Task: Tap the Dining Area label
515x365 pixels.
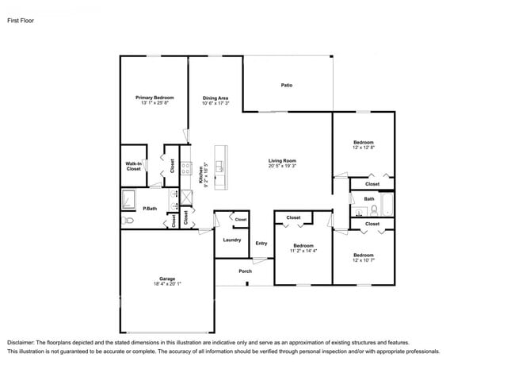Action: (215, 98)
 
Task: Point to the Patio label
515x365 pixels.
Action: (287, 85)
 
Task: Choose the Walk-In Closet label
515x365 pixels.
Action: (133, 166)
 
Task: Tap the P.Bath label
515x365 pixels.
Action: (149, 209)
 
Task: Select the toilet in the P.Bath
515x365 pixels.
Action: (127, 221)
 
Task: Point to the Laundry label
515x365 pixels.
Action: (232, 240)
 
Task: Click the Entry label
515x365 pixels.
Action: (261, 244)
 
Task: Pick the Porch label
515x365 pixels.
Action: (245, 271)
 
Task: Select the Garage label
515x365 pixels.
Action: (166, 279)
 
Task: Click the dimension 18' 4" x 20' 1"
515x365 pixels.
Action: (166, 284)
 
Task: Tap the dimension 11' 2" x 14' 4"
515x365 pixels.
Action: (303, 251)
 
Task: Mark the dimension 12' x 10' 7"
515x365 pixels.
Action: (363, 260)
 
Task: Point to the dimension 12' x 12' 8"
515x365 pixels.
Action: (363, 148)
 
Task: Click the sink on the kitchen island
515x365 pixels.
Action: (222, 167)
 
